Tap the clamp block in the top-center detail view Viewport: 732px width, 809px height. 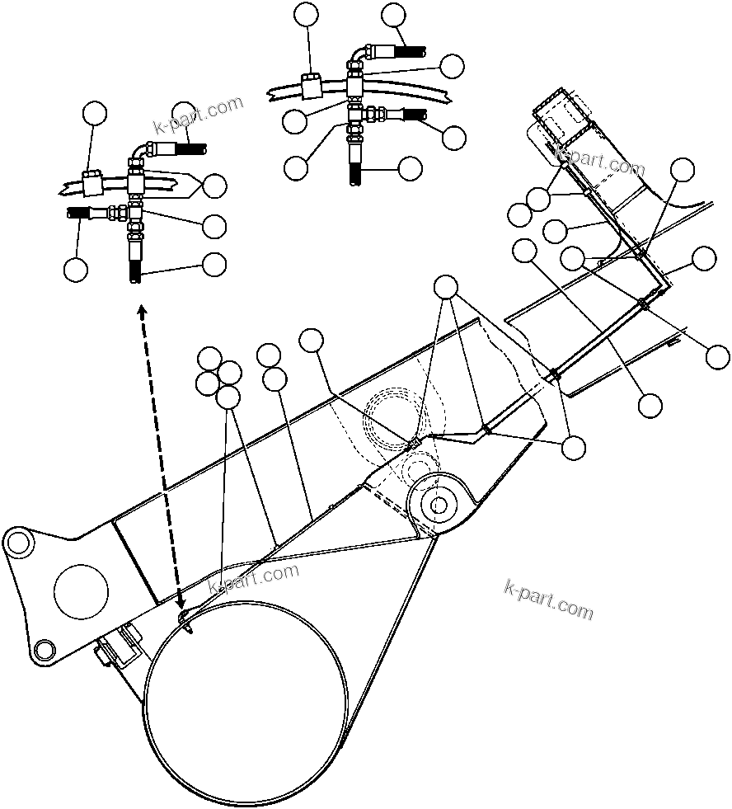(x=312, y=85)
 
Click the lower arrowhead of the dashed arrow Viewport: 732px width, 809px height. (x=179, y=606)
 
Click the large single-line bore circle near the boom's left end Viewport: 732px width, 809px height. (x=80, y=591)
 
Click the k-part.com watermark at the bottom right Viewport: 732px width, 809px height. (x=548, y=599)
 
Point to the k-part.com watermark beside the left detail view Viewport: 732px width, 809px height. (x=199, y=115)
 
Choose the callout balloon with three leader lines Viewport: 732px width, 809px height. (x=446, y=287)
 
